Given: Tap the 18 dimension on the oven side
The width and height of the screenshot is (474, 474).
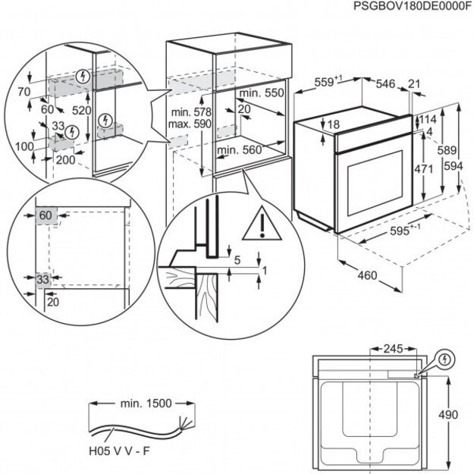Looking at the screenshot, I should coord(333,124).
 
